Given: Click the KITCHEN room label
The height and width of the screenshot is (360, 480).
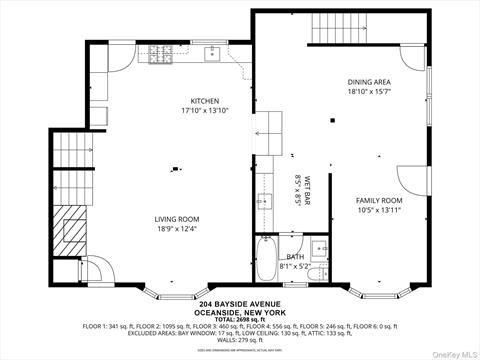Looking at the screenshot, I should pos(205,101).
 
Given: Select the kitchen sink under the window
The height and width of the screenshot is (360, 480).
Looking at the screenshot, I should pos(212,54).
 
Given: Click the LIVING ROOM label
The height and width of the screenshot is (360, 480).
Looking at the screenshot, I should pos(177,219).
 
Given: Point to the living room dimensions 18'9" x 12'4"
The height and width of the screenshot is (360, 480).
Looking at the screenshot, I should pos(177,229).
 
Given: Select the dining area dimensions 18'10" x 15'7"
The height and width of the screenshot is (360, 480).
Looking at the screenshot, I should pos(368,91).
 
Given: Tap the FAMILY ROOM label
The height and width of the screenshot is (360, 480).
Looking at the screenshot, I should pos(378,201).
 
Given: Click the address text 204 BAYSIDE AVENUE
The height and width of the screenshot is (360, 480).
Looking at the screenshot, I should pos(239,304).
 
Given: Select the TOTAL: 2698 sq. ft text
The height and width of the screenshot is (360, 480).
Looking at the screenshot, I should pos(239,318).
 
